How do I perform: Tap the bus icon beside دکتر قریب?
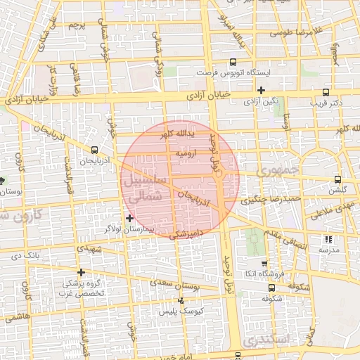[x=326, y=92]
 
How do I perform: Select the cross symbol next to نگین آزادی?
[x=261, y=90]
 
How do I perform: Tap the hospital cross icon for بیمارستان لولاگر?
[x=129, y=218]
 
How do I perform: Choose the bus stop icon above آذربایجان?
[x=94, y=149]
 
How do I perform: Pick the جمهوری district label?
[x=278, y=171]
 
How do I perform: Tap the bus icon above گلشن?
[x=339, y=179]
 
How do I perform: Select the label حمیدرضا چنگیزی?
[x=271, y=199]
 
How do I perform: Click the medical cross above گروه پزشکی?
[x=82, y=272]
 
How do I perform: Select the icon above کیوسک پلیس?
[x=181, y=300]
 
